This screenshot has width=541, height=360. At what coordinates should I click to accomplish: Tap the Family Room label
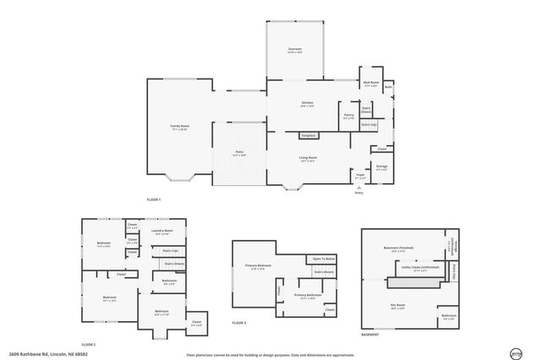pos(179,127)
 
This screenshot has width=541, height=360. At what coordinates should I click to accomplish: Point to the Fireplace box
pos(309,135)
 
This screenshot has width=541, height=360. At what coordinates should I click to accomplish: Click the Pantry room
pos(348,117)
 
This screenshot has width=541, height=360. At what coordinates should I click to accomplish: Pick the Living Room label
pos(309,159)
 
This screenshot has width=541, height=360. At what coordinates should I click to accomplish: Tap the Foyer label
pos(360,177)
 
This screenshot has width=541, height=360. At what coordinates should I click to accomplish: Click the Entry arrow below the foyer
pos(359,188)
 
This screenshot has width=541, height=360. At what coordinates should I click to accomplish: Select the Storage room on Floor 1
pos(382,167)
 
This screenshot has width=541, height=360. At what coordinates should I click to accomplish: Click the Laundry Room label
pos(162,232)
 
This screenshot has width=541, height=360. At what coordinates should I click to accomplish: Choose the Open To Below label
pos(324,259)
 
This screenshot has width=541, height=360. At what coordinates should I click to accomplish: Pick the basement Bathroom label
pos(448,318)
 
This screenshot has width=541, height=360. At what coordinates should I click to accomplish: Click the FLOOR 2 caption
pos(89,345)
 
